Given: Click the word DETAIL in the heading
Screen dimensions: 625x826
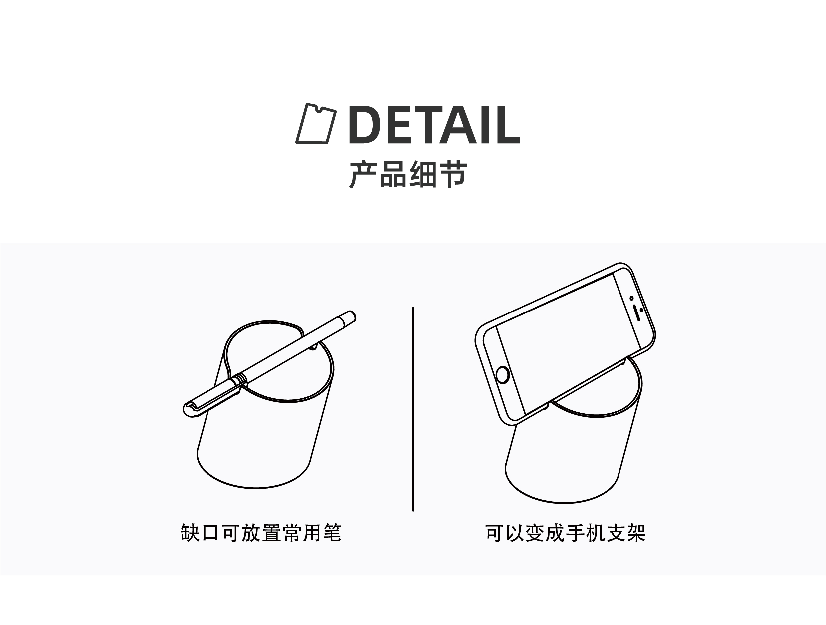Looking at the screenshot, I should pos(434,125).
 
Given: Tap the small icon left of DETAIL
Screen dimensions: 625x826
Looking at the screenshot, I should pos(316,124).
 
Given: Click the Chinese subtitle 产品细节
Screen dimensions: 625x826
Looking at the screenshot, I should pos(408,175).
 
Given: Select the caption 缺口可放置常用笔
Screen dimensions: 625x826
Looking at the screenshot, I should pos(261,533).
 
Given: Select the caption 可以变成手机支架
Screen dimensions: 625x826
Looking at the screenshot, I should pos(565,533).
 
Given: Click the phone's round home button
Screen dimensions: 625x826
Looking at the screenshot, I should pos(502,375).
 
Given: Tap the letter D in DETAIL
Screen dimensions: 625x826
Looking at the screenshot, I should pos(364,125).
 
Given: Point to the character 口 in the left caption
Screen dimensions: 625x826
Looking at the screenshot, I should pos(210,533).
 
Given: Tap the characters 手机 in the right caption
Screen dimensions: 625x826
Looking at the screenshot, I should pos(586,533).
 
